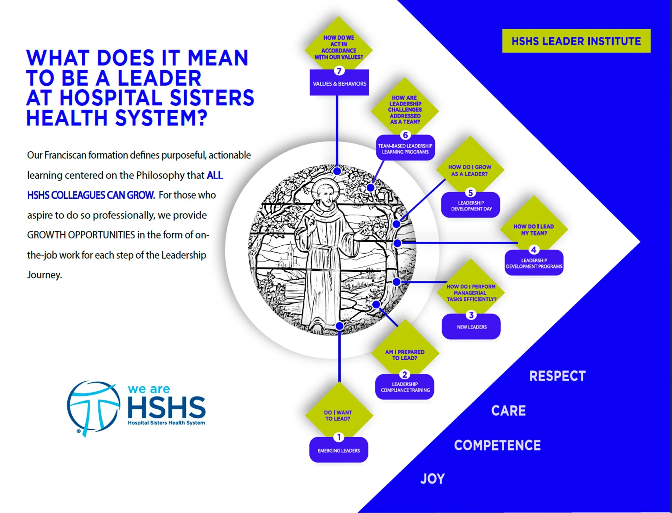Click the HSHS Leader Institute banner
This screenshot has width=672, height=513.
(x=576, y=41)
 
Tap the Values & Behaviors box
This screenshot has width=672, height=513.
(x=339, y=84)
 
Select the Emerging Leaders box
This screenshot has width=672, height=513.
(x=339, y=451)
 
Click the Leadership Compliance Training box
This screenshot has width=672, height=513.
(x=405, y=387)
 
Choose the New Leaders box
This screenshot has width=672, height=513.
(x=471, y=327)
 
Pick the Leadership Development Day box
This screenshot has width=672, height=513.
(x=471, y=206)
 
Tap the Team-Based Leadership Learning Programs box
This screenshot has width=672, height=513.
(x=405, y=149)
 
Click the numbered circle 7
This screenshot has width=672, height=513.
(x=339, y=71)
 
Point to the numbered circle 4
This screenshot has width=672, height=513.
(x=534, y=250)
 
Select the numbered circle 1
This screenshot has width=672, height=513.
(x=339, y=437)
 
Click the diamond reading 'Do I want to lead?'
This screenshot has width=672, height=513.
(x=339, y=415)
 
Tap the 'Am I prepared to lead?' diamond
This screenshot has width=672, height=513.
(x=405, y=355)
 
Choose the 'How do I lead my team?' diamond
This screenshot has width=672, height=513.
(x=534, y=230)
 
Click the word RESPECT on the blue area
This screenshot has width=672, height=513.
(x=557, y=376)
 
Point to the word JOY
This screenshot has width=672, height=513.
(x=432, y=479)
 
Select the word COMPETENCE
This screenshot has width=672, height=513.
(x=497, y=445)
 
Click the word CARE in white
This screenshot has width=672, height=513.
(x=508, y=411)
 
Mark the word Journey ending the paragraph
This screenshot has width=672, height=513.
(x=45, y=275)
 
